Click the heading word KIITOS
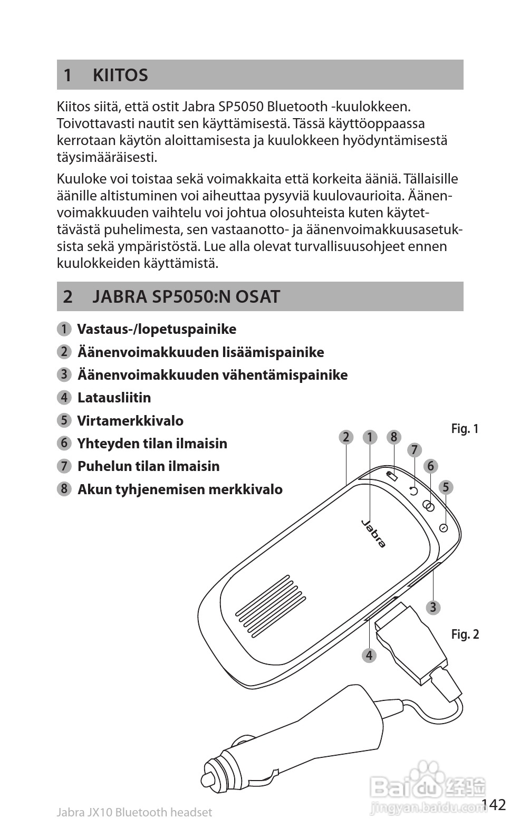click(x=120, y=75)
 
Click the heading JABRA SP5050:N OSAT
click(x=186, y=296)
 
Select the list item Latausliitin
click(x=114, y=398)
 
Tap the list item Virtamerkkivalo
click(x=130, y=421)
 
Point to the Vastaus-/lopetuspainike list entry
click(x=157, y=329)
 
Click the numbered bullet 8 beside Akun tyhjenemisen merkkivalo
click(x=64, y=489)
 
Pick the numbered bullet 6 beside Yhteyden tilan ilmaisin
click(x=64, y=443)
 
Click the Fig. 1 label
click(x=465, y=429)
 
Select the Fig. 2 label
click(x=465, y=634)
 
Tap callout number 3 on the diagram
click(x=433, y=608)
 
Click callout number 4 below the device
click(x=369, y=655)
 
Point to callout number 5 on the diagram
click(x=446, y=487)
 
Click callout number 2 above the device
click(x=346, y=437)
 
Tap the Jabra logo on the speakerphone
click(x=373, y=533)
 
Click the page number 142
click(x=494, y=805)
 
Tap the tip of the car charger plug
click(x=207, y=780)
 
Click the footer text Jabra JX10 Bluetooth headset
click(x=134, y=813)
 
